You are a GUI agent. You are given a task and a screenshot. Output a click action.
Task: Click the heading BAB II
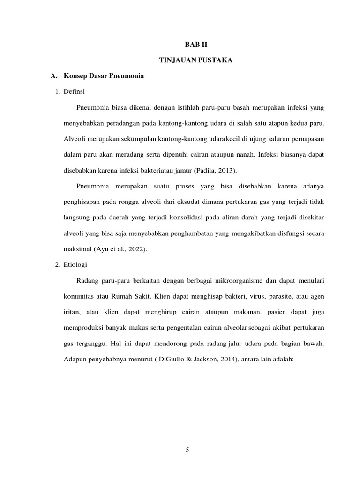pyautogui.click(x=194, y=45)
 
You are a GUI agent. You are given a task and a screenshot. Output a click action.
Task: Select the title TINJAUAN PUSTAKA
pyautogui.click(x=194, y=60)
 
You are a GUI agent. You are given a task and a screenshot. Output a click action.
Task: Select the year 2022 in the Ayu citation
pyautogui.click(x=137, y=249)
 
